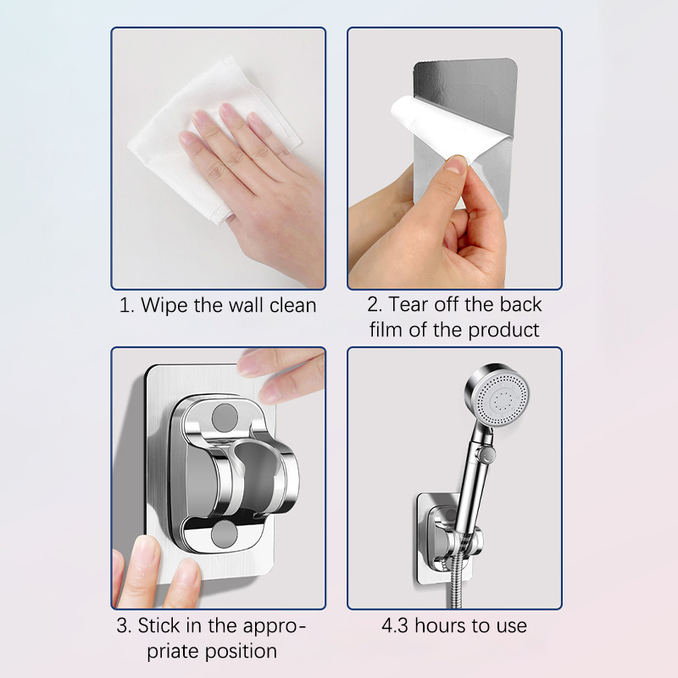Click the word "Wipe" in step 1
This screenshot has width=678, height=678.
click(x=164, y=306)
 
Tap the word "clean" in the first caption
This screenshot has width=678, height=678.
click(x=292, y=306)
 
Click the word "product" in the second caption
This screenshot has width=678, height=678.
click(x=503, y=330)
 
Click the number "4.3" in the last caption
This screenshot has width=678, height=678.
click(x=395, y=625)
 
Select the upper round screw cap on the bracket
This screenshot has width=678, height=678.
click(x=225, y=417)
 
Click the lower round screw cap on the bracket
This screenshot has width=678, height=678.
click(x=225, y=534)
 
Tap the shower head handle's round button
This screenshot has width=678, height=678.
click(x=488, y=454)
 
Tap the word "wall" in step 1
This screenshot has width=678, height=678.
click(x=246, y=306)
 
